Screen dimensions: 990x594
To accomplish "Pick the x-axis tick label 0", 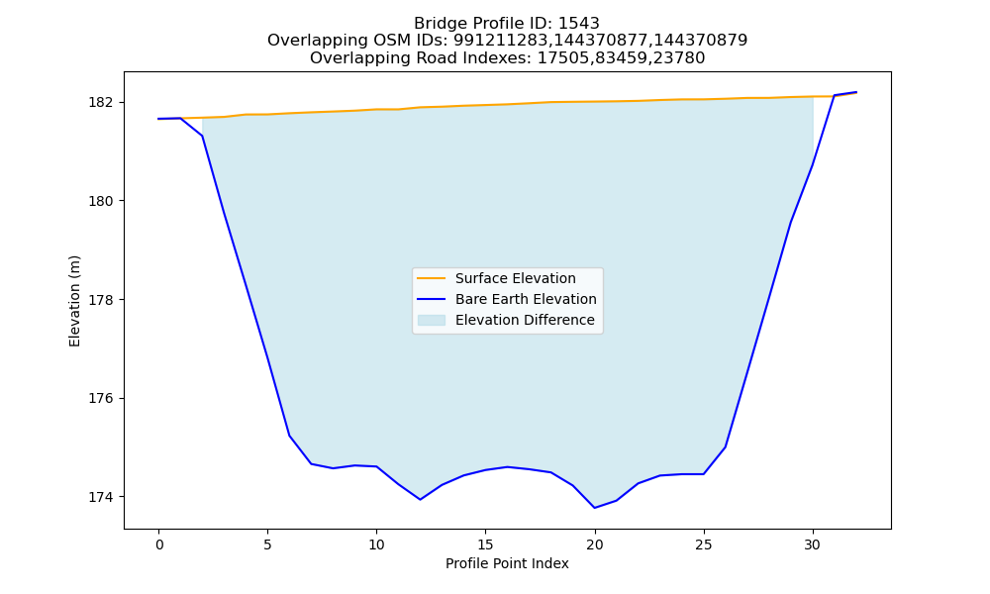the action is [x=159, y=544].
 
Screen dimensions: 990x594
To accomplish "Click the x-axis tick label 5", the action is [x=267, y=544].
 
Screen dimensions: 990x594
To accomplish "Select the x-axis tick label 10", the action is [x=377, y=544].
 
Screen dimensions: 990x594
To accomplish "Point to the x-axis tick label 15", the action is [x=485, y=544].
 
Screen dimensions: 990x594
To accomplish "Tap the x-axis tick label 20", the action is [x=595, y=544].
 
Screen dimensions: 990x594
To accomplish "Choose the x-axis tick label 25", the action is [x=703, y=544].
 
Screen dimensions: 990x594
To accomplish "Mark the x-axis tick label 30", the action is [x=813, y=544].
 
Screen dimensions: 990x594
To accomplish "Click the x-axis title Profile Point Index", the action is [x=507, y=563].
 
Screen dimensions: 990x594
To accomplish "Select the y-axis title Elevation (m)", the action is [x=74, y=301].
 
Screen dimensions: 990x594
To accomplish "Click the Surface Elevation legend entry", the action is [x=496, y=278].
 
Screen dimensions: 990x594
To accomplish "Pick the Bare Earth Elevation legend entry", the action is [x=506, y=299].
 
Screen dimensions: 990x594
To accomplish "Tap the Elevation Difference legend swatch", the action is [x=432, y=320].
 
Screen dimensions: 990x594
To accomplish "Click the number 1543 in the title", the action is [x=578, y=24].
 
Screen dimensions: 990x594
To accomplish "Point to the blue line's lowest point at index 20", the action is [x=595, y=508].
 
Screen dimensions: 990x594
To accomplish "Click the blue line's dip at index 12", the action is [x=421, y=499].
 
